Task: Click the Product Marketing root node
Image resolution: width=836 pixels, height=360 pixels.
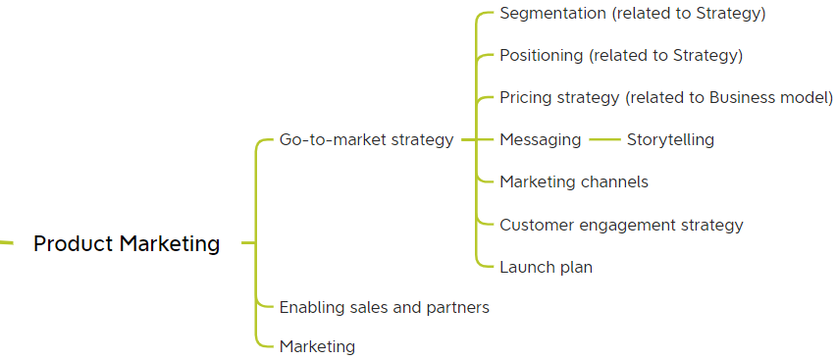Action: tap(127, 243)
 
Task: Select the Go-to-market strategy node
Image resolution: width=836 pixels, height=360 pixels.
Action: tap(366, 139)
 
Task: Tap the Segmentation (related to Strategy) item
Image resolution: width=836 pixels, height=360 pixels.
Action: tap(632, 14)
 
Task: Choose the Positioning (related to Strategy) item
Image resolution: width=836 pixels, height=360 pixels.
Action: tap(620, 56)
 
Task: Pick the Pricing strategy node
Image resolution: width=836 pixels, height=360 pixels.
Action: tap(665, 97)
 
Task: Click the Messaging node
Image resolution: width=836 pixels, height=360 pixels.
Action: tap(540, 139)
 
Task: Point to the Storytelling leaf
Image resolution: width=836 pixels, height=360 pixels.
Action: tap(670, 139)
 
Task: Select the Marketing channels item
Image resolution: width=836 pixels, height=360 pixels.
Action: tap(573, 181)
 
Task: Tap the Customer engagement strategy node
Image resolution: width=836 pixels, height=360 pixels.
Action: tap(621, 225)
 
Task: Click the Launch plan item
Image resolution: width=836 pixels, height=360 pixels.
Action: tap(546, 267)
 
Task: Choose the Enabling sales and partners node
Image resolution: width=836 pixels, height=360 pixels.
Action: tap(384, 307)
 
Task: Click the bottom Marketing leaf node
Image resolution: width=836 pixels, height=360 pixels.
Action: tap(317, 346)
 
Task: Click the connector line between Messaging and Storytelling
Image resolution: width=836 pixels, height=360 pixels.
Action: tap(604, 139)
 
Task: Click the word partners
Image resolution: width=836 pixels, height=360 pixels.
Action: tap(457, 307)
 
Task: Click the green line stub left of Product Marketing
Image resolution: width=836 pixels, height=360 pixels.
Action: tap(6, 242)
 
